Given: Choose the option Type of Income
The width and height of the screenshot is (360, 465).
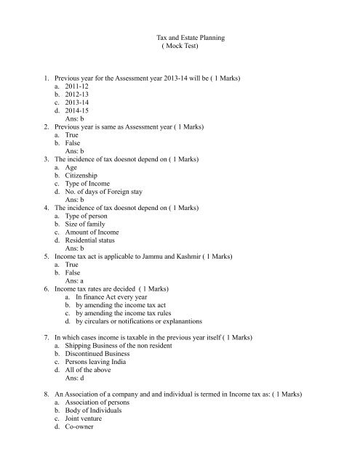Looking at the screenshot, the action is click(91, 206).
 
